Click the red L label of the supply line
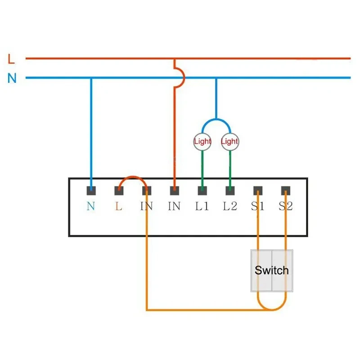pyautogui.click(x=12, y=58)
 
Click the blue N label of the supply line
pyautogui.click(x=12, y=78)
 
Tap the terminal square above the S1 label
pyautogui.click(x=257, y=191)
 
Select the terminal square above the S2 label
pyautogui.click(x=285, y=191)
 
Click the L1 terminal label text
pyautogui.click(x=202, y=207)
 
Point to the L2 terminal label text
pyautogui.click(x=229, y=207)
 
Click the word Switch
pyautogui.click(x=271, y=270)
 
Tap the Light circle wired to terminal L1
pyautogui.click(x=202, y=141)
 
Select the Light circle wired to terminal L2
pyautogui.click(x=229, y=141)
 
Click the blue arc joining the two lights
pyautogui.click(x=216, y=120)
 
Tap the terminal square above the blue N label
pyautogui.click(x=91, y=191)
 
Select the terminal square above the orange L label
pyautogui.click(x=119, y=191)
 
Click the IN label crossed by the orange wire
pyautogui.click(x=146, y=207)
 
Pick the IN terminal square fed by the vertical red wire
pyautogui.click(x=174, y=191)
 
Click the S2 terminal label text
pyautogui.click(x=285, y=207)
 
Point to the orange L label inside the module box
pyautogui.click(x=119, y=207)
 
